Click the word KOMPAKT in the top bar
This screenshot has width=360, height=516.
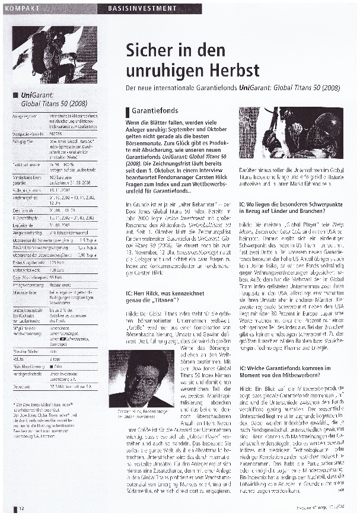point(25,8)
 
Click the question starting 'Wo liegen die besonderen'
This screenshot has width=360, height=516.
point(289,207)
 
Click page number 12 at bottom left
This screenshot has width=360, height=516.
point(21,508)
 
